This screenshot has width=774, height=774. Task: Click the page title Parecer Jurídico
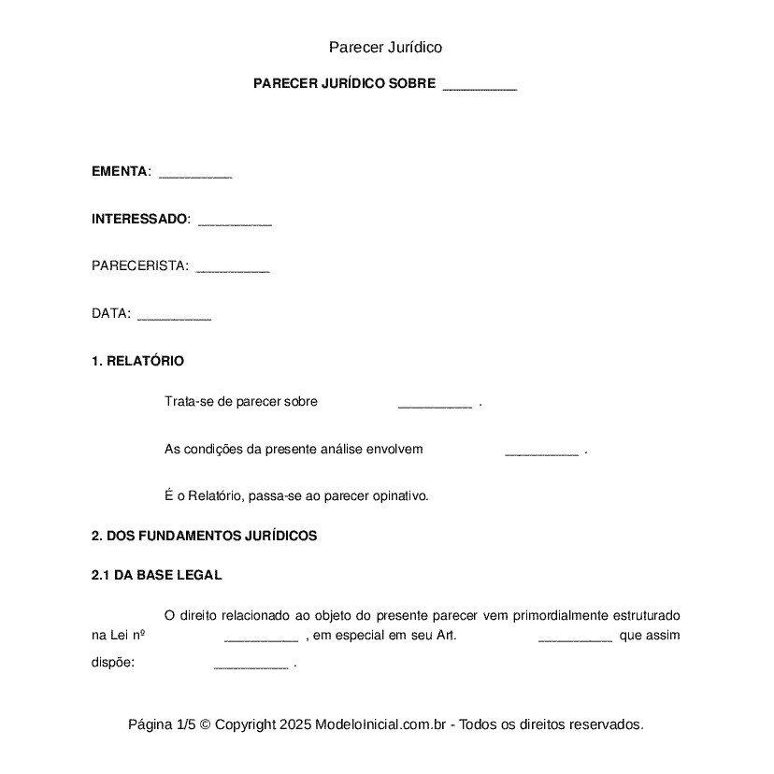pyautogui.click(x=385, y=48)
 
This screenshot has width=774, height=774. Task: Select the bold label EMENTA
pyautogui.click(x=119, y=172)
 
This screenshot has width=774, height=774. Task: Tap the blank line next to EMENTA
pyautogui.click(x=195, y=175)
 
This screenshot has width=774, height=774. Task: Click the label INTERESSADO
pyautogui.click(x=139, y=220)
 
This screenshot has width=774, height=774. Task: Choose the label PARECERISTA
pyautogui.click(x=139, y=266)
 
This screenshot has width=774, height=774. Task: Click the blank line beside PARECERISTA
pyautogui.click(x=233, y=269)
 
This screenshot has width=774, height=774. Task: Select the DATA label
pyautogui.click(x=110, y=314)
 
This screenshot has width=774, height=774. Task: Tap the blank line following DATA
pyautogui.click(x=174, y=317)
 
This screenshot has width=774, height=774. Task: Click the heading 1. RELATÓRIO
pyautogui.click(x=137, y=361)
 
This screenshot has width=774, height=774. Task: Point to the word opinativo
pyautogui.click(x=399, y=496)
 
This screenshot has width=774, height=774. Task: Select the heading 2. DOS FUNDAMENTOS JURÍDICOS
pyautogui.click(x=204, y=537)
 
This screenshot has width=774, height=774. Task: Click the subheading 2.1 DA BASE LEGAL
pyautogui.click(x=156, y=576)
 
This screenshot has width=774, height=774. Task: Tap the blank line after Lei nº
pyautogui.click(x=261, y=638)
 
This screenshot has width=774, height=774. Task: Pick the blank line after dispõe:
pyautogui.click(x=251, y=666)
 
